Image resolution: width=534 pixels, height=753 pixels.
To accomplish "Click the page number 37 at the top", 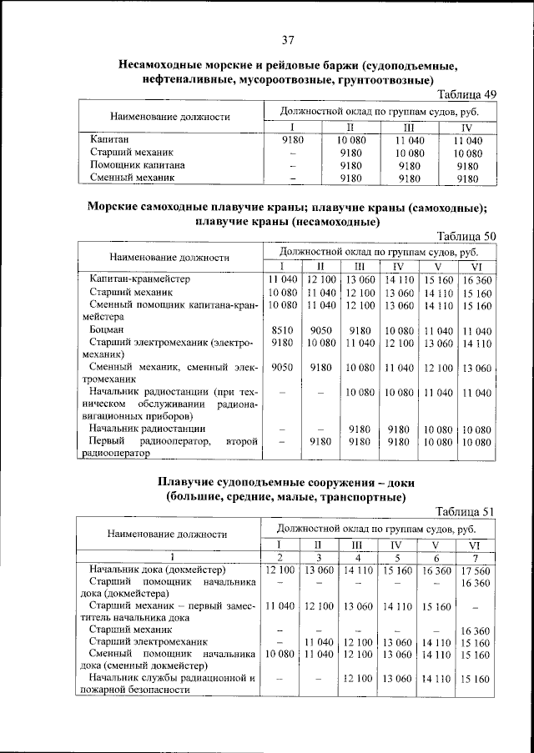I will coord(289,40).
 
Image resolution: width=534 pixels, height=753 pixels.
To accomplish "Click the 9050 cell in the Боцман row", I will coord(321,330).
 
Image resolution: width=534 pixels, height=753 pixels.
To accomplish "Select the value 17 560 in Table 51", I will coord(477,570).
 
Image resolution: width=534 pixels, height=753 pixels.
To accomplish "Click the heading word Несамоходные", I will coord(167,64).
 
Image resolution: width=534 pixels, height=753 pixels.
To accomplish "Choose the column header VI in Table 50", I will coord(477,266).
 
